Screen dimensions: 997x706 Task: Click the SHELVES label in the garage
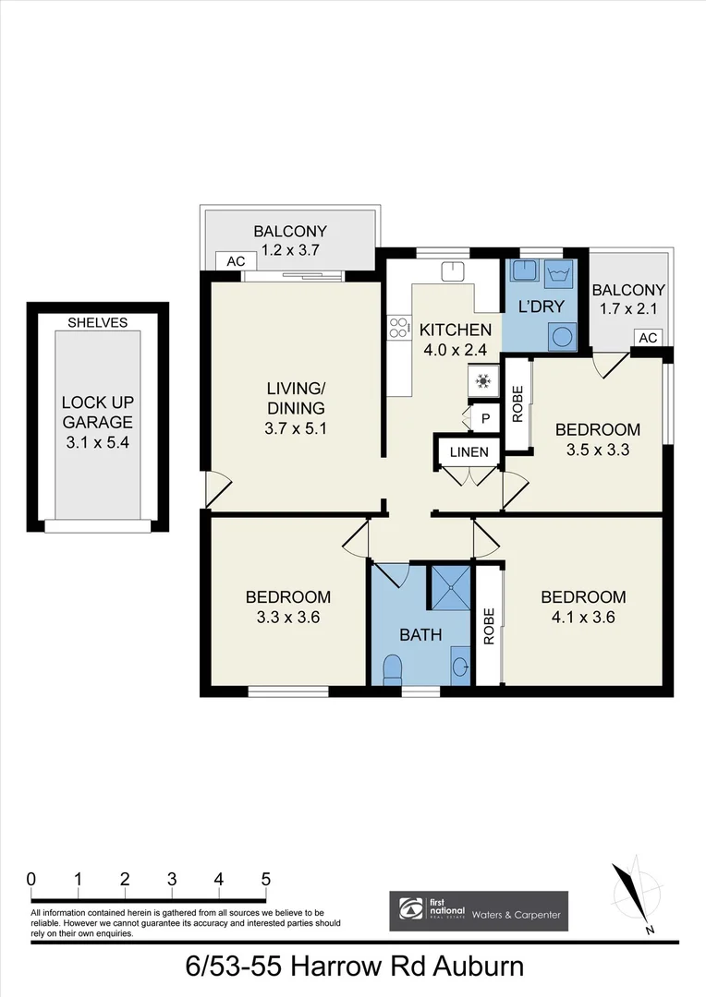pos(98,322)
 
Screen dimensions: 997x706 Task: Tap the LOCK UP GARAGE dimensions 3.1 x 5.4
pos(98,444)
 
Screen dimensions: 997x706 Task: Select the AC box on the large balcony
pos(236,261)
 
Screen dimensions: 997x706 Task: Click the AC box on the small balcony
pos(648,338)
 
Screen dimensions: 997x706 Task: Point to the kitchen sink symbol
pos(452,271)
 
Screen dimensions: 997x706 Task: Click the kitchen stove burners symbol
pos(399,325)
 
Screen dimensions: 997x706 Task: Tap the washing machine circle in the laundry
pos(560,336)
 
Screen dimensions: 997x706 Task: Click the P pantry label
pos(484,419)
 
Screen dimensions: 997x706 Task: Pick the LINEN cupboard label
pos(469,451)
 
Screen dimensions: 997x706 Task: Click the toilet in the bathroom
pos(393,667)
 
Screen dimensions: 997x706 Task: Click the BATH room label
pos(420,635)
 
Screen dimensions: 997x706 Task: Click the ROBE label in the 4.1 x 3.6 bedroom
pos(488,625)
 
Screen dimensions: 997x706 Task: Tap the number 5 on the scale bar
pos(266,878)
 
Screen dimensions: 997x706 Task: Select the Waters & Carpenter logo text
pos(516,914)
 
